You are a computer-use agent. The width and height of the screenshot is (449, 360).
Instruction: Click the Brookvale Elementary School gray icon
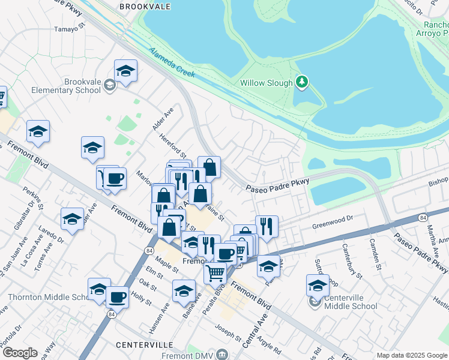(x=110, y=85)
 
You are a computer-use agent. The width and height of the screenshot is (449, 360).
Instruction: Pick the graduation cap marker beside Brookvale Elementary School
(x=125, y=71)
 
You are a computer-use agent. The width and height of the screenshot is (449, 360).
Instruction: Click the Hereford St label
(x=173, y=146)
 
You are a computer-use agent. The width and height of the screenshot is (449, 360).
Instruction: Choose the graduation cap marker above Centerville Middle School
(x=318, y=286)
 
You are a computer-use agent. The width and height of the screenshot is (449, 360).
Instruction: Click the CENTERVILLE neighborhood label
(x=144, y=345)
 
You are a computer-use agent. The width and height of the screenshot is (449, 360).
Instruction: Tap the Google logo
(x=20, y=353)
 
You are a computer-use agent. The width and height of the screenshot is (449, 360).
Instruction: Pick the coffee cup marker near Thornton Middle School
(x=117, y=297)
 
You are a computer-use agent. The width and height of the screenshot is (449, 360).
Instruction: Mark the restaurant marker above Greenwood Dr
(x=267, y=227)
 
